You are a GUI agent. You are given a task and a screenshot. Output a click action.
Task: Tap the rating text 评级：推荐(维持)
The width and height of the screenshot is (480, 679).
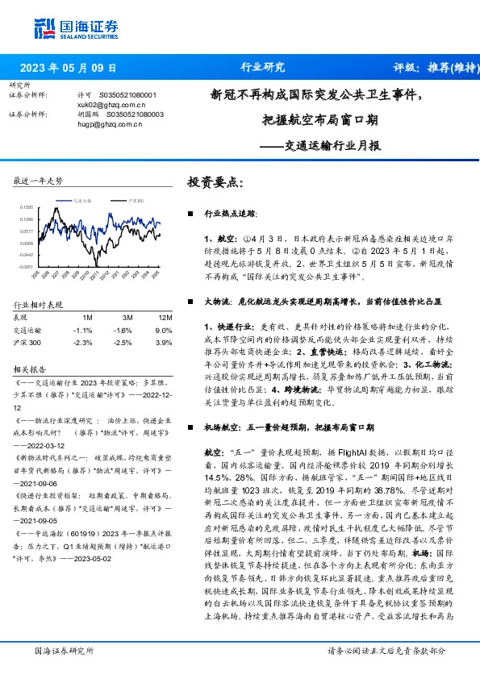point(431,68)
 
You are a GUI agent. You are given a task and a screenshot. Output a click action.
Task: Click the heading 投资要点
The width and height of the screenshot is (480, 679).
point(215,183)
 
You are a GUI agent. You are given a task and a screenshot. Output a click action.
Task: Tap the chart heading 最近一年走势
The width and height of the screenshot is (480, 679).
point(38,181)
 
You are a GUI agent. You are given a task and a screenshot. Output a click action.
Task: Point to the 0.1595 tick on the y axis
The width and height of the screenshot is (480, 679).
point(27,207)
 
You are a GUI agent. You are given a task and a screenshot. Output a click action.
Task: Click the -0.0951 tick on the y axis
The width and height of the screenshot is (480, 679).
point(27,266)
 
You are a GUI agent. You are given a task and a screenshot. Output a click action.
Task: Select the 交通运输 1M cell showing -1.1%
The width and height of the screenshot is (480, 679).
point(83,331)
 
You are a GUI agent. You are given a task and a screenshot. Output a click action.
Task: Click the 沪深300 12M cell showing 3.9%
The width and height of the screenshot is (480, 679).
point(164,343)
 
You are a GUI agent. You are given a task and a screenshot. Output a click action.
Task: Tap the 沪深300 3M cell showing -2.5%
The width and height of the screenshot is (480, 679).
point(123,343)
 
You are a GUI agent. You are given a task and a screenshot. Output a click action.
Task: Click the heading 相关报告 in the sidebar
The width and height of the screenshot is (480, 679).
point(29,369)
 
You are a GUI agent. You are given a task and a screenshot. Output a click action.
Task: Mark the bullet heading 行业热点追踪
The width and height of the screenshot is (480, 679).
point(230,215)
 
